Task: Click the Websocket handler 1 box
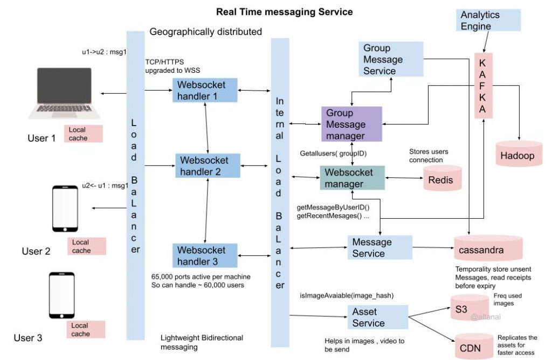tap(205, 91)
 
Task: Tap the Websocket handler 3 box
tap(205, 255)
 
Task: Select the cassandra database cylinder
tap(488, 250)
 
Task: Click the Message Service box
tap(379, 248)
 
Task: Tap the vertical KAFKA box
tap(484, 85)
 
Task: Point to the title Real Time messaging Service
tap(284, 11)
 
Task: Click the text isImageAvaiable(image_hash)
tap(347, 295)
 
